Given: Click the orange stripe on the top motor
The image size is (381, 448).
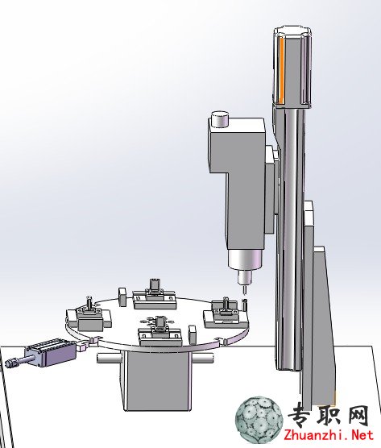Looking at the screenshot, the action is (x=281, y=70).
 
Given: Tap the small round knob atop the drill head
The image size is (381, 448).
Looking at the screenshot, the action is (x=220, y=119).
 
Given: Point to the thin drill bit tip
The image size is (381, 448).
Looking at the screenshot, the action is (x=245, y=291).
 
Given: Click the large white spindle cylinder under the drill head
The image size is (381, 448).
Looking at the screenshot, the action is (x=245, y=259).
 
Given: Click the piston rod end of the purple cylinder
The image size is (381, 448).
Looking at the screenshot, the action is (x=10, y=363).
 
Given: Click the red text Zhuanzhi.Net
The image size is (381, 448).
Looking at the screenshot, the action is (x=329, y=436).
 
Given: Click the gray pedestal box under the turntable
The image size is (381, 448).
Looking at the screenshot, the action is (x=158, y=380).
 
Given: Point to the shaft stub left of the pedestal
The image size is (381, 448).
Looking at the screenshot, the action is (x=110, y=359).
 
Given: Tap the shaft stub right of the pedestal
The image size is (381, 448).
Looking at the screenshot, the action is (x=202, y=359).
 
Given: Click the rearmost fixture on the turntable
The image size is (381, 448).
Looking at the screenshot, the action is (x=154, y=297).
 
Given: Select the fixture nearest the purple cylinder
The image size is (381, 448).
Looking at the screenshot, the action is (x=89, y=315).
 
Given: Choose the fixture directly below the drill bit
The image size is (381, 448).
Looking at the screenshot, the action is (x=226, y=313).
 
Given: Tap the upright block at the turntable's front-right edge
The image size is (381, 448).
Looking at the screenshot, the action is (x=192, y=334).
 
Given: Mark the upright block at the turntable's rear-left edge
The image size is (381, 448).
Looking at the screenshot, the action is (x=122, y=297).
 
